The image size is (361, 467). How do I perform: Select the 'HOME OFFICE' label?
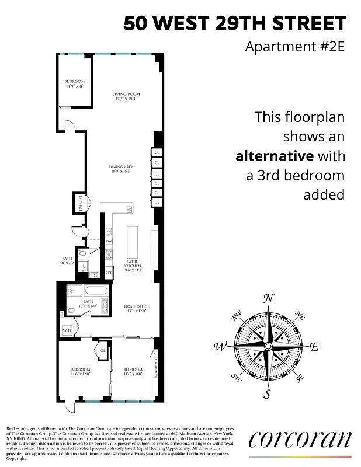point(137,306)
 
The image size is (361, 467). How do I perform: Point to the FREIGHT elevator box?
point(76,204)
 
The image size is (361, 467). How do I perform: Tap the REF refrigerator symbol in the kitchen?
point(109,273)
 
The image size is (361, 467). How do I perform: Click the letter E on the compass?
point(314,347)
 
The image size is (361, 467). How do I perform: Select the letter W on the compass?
point(221,347)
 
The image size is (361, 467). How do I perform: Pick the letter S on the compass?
point(268,395)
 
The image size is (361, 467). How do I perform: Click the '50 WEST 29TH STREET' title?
point(235,23)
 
